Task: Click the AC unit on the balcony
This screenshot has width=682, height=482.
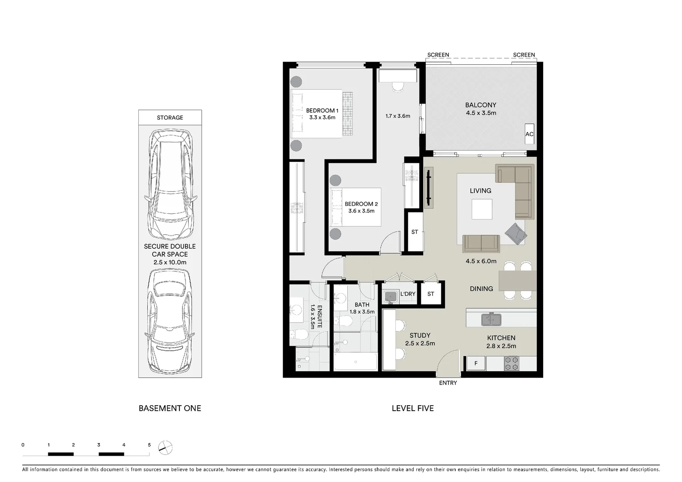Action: [529, 134]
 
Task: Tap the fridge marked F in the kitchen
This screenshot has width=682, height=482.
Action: [476, 363]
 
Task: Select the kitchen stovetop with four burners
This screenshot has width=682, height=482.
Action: [511, 363]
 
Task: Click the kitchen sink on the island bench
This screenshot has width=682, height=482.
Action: [491, 320]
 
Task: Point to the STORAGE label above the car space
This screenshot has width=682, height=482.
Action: [170, 117]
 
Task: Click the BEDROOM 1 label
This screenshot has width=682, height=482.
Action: [322, 110]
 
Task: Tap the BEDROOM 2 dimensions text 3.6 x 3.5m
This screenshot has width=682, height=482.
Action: [361, 211]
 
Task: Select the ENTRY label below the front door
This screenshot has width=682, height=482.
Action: [448, 383]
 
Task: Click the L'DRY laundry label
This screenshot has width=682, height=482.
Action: [408, 294]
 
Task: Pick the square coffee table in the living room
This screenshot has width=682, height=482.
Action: [482, 209]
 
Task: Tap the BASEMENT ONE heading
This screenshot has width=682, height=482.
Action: [170, 408]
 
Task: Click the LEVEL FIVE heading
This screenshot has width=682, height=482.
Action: [412, 408]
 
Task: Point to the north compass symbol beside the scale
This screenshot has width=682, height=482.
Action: [166, 447]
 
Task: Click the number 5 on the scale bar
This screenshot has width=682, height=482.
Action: [149, 445]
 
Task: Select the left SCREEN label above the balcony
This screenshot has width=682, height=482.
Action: [438, 55]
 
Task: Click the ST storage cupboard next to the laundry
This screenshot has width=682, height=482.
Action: [430, 294]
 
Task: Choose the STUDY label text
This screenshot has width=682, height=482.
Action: [420, 335]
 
